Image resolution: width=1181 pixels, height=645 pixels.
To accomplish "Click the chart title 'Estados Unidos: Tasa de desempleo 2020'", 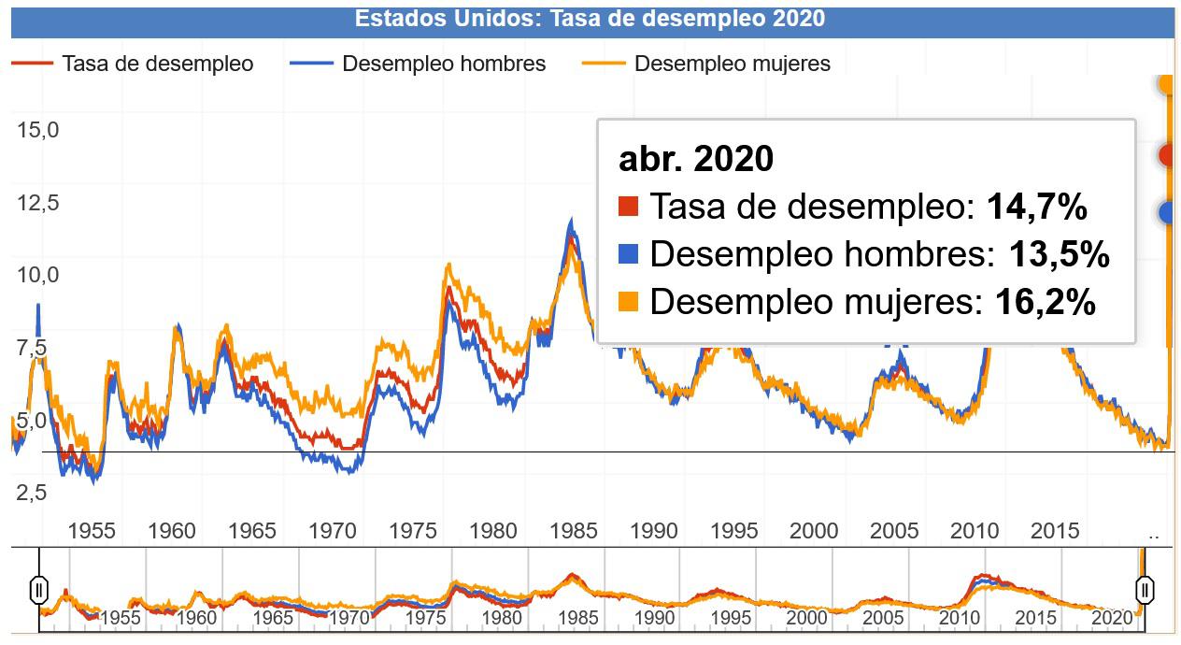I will point(590,19).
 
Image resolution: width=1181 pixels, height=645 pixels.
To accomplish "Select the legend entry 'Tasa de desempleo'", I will point(157,64).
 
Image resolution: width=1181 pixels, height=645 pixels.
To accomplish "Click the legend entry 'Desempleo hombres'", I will point(444,64).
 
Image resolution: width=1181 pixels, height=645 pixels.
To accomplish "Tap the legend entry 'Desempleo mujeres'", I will point(732,64).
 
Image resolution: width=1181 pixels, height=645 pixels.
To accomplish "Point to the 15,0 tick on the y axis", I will point(38,129).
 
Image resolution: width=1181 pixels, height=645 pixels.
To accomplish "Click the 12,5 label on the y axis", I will point(38,202).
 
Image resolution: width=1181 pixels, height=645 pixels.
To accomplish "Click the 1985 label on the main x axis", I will point(574,531).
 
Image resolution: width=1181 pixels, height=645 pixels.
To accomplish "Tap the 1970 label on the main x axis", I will point(333,531).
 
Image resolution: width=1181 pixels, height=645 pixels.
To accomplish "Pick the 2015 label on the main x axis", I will point(1056,531).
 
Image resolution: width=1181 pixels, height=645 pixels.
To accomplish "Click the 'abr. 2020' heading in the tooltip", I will point(696,159).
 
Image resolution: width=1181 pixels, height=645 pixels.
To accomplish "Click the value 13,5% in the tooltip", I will point(1059,254).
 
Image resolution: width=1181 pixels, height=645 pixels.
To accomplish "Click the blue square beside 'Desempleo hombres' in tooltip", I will point(629,254).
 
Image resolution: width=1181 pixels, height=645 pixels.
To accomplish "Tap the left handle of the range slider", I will point(39,590).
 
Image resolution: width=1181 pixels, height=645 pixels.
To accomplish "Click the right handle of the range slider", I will point(1145,590).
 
